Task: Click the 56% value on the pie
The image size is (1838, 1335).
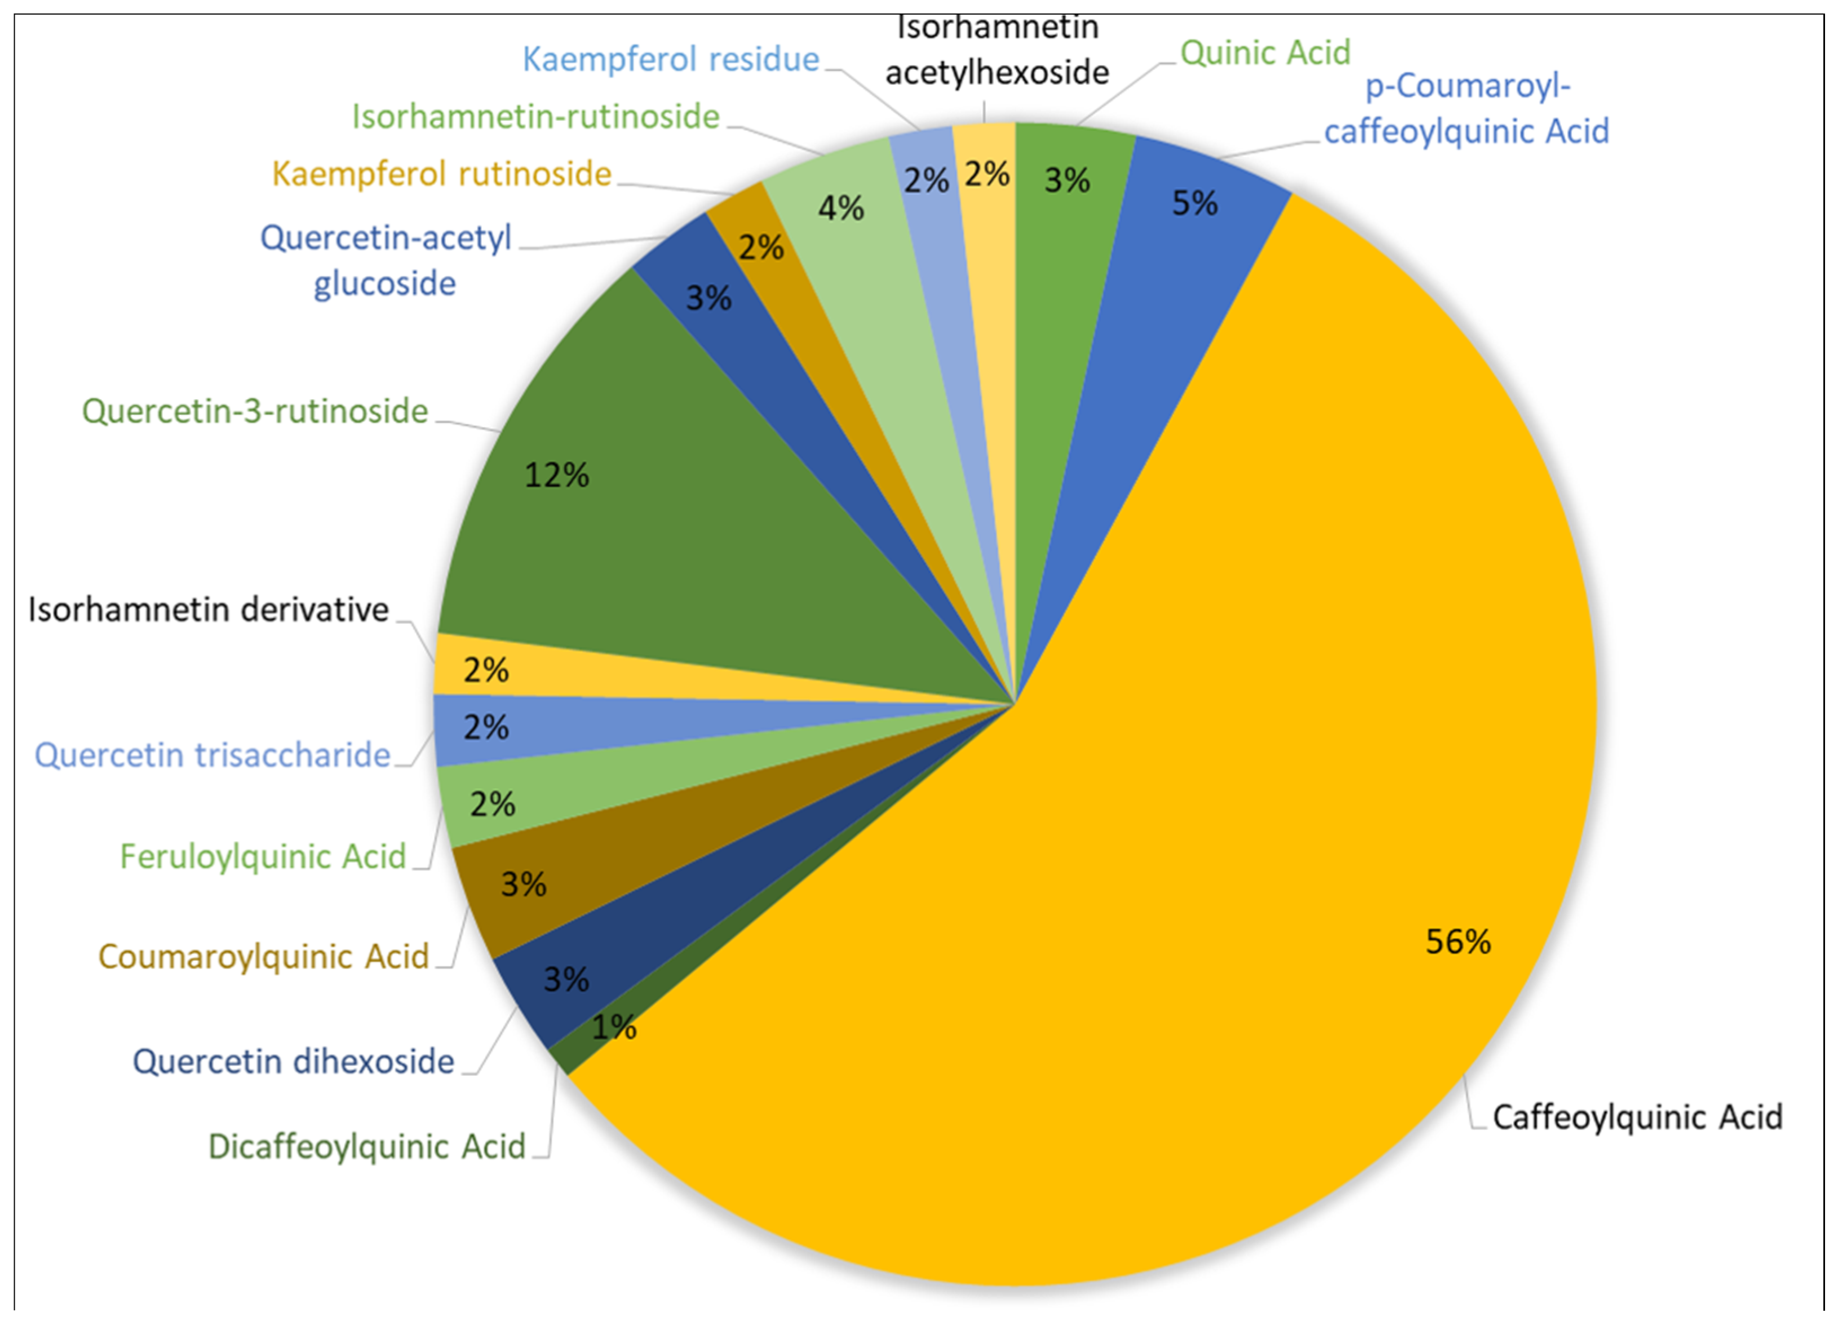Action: [1457, 942]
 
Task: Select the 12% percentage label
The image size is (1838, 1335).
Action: [556, 475]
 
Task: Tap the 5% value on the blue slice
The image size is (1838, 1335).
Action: [1194, 202]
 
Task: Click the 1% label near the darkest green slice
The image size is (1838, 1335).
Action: [613, 1028]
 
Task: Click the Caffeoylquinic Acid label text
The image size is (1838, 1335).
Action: [1637, 1117]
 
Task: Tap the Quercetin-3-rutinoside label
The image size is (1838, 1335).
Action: [254, 412]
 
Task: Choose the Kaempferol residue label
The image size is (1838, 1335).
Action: [670, 59]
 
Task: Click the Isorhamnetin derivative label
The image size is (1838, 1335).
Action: [209, 609]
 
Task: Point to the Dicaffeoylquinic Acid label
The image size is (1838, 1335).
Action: [366, 1147]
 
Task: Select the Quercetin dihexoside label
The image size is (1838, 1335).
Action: [293, 1062]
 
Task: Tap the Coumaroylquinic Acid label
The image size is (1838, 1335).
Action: [263, 957]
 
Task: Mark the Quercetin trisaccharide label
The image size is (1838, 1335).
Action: [212, 755]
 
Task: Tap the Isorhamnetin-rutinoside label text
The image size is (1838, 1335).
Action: [535, 117]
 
